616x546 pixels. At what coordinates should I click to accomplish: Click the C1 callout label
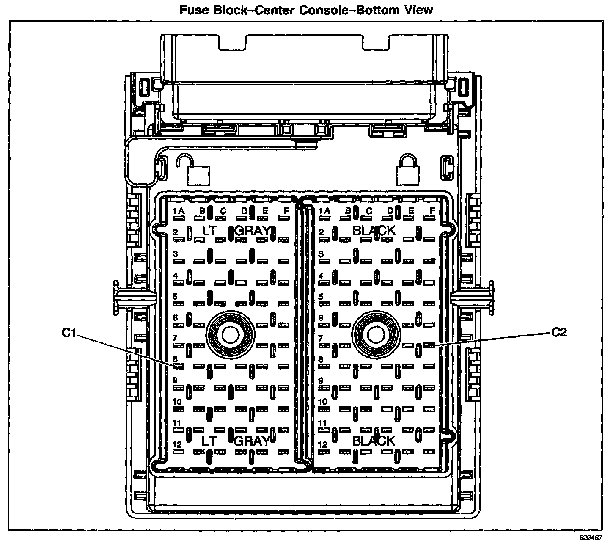coord(69,333)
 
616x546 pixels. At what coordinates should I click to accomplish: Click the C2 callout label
coord(559,332)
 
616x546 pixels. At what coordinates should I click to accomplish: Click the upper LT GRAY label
coord(236,231)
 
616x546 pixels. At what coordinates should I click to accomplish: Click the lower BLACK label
coord(374,441)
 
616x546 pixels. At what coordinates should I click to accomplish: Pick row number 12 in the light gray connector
coord(177,444)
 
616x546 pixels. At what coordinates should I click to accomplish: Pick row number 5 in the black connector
coord(321,296)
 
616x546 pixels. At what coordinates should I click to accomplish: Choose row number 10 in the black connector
coord(323,402)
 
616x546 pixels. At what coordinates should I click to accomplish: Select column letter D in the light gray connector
coord(244,210)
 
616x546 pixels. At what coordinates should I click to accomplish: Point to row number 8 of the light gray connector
coord(175,359)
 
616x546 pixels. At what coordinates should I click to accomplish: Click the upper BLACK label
coord(374,231)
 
